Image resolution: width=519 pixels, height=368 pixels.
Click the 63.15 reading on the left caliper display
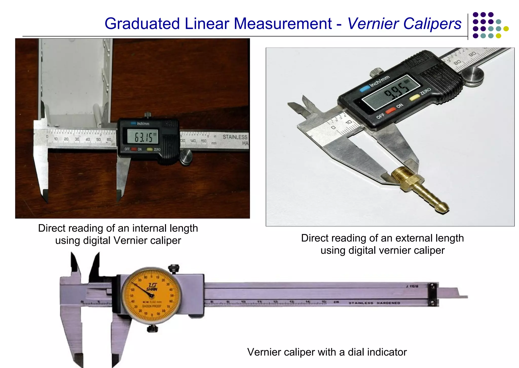point(143,137)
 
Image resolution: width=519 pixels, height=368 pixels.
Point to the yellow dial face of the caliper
point(152,296)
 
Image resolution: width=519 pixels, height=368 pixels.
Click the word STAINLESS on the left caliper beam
point(235,137)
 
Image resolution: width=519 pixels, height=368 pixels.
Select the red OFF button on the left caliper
point(134,149)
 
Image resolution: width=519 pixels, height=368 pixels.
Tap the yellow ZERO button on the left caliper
point(150,149)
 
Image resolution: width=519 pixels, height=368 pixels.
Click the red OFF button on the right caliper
point(390,110)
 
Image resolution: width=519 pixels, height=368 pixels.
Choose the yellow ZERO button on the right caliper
point(414,97)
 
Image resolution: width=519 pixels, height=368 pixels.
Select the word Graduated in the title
point(142,24)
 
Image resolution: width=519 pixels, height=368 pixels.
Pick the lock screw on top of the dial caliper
point(174,269)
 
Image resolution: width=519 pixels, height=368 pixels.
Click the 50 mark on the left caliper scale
point(98,140)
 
